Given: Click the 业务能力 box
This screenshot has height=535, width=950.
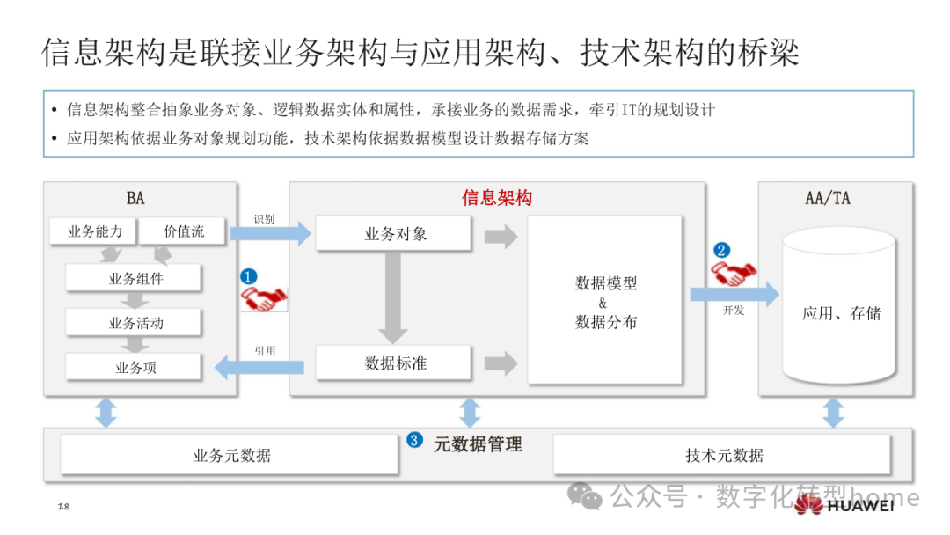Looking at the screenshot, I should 92,231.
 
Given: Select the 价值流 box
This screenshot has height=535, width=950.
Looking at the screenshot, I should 184,231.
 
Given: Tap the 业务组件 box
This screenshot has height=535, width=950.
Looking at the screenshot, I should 135,279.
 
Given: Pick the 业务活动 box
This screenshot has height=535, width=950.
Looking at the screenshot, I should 135,323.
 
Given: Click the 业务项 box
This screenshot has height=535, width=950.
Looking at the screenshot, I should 135,367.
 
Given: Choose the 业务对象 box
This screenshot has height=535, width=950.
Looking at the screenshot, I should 395,234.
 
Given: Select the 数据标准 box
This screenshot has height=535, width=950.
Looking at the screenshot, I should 395,363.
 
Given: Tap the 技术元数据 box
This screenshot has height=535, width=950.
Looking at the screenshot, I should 723,455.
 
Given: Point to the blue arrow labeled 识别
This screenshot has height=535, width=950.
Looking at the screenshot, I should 270,234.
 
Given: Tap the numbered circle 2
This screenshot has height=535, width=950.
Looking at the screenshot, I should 722,249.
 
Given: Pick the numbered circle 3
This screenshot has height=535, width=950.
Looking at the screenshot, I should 415,440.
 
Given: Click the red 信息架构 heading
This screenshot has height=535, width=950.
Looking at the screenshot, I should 497,198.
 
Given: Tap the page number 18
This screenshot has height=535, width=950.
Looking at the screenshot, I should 63,507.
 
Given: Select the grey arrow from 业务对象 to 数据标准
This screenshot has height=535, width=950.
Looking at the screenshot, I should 392,297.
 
